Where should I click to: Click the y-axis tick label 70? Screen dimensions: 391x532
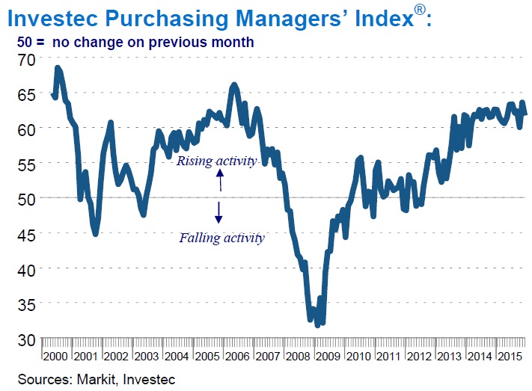(x=26, y=59)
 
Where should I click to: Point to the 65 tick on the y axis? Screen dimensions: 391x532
(x=26, y=94)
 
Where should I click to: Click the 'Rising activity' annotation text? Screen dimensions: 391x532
(x=216, y=161)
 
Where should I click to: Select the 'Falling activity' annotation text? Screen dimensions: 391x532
(x=221, y=238)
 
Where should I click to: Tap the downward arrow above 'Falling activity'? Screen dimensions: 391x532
(x=218, y=213)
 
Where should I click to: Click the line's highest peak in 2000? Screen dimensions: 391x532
(x=58, y=68)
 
